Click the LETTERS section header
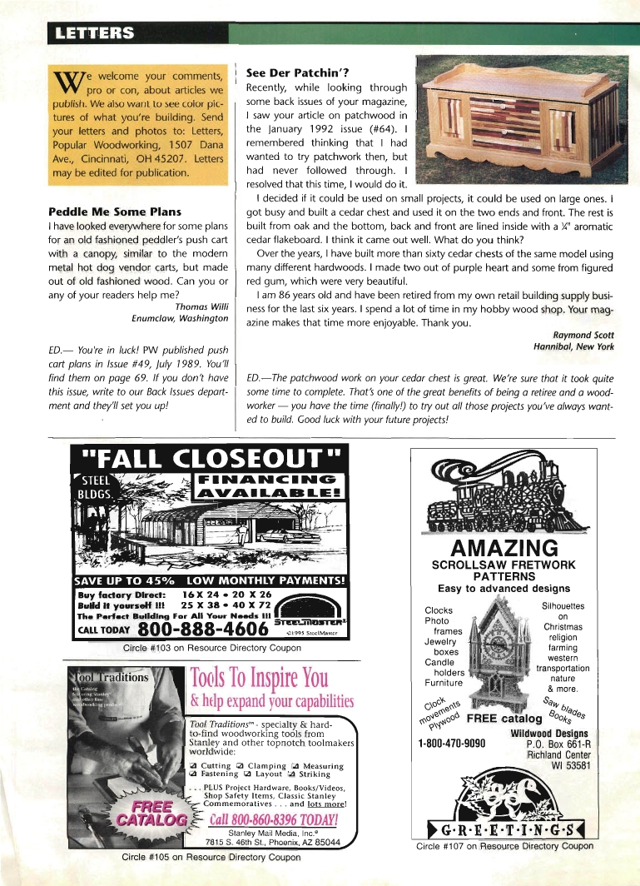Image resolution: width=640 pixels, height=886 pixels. pyautogui.click(x=92, y=33)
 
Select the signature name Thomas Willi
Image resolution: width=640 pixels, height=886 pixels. pyautogui.click(x=200, y=306)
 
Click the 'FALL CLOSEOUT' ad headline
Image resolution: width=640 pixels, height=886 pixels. pyautogui.click(x=210, y=459)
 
